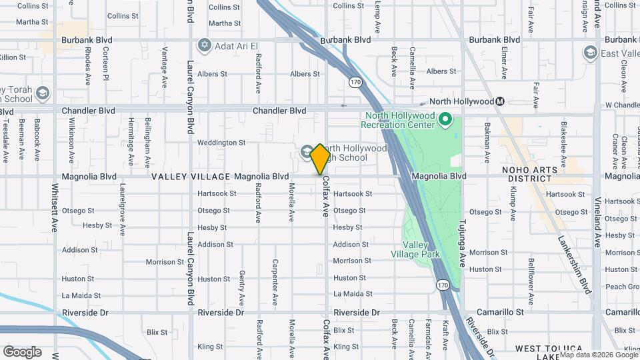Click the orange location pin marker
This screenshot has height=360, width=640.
click(x=320, y=159)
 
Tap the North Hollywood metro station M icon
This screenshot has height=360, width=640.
click(x=500, y=101)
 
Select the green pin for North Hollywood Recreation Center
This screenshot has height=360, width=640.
click(x=447, y=121)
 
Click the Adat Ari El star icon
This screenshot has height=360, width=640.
click(x=204, y=45)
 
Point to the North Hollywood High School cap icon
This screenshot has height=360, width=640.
click(x=307, y=152)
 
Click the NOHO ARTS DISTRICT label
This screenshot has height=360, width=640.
click(x=536, y=174)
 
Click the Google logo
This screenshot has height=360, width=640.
click(x=22, y=351)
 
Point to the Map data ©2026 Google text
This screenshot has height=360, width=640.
click(x=598, y=355)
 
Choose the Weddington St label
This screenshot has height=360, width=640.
click(x=221, y=142)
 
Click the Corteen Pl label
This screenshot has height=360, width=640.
click(x=105, y=65)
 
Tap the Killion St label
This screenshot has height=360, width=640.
click(x=13, y=57)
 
